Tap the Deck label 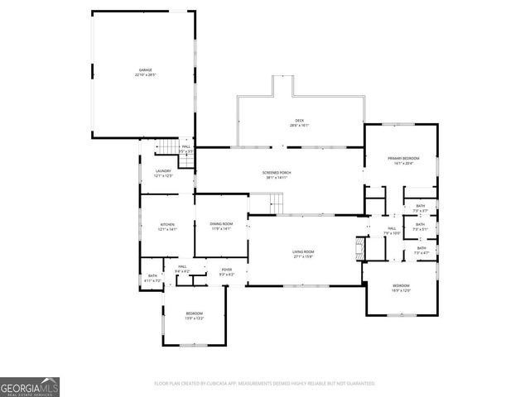(300, 123)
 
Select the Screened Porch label (278, 175)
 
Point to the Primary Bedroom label (404, 160)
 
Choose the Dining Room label (221, 226)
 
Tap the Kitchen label (168, 227)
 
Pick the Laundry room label (163, 173)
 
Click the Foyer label (226, 272)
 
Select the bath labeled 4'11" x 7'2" (152, 279)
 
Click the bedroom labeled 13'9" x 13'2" (194, 315)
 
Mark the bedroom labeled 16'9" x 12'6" (401, 288)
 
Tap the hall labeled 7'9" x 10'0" (393, 231)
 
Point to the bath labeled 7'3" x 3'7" (421, 208)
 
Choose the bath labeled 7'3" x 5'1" (421, 226)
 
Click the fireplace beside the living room (359, 249)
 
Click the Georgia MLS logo (30, 386)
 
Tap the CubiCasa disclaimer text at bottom (264, 384)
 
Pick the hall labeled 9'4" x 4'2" (182, 269)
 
